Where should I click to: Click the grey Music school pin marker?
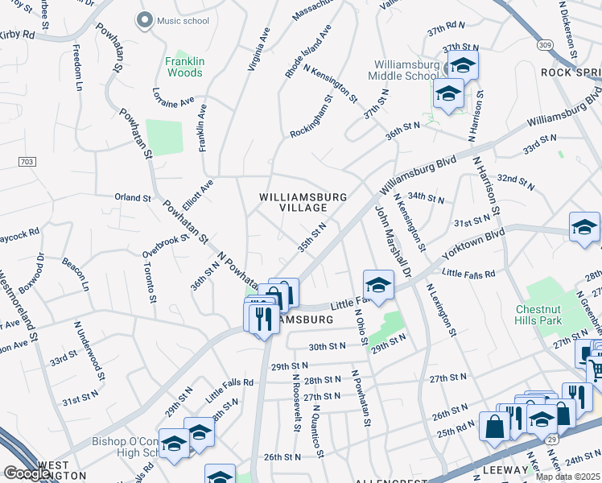pos(145,20)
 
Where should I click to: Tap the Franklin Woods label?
pos(184,67)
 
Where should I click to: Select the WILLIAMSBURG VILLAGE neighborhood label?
pos(303,202)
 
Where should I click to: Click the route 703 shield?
pos(26,162)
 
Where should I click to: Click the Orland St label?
pos(132,197)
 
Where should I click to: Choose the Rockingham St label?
pos(311,117)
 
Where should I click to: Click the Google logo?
pos(27,473)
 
